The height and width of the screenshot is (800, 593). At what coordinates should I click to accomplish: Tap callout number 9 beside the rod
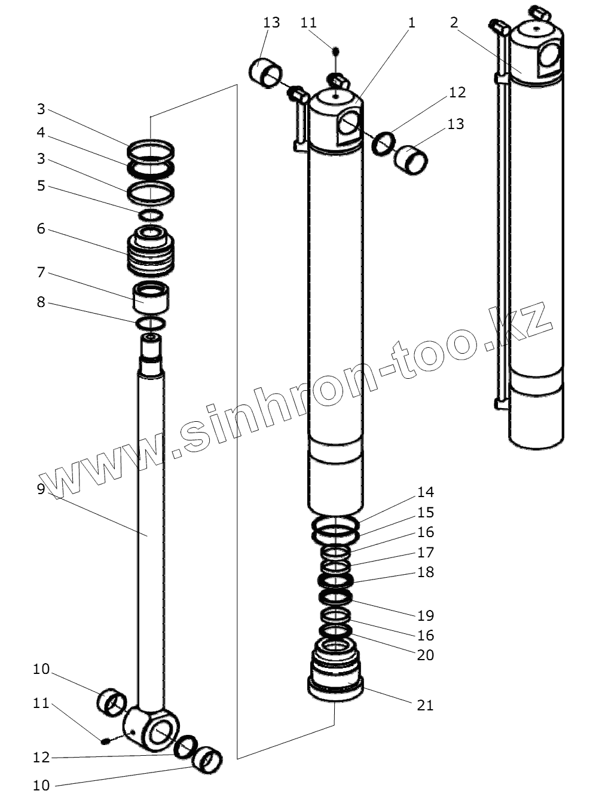coord(41,489)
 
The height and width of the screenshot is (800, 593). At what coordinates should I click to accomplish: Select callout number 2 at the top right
coord(454,22)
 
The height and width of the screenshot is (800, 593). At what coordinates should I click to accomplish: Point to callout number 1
coord(411,22)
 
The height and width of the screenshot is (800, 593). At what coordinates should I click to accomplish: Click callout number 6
coord(41,229)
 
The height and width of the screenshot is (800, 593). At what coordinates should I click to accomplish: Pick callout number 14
coord(426,492)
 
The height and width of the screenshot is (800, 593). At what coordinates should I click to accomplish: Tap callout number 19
coord(426,615)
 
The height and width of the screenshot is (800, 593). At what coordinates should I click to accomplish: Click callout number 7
coord(41,272)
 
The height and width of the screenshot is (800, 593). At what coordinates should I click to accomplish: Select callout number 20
coord(426,655)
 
